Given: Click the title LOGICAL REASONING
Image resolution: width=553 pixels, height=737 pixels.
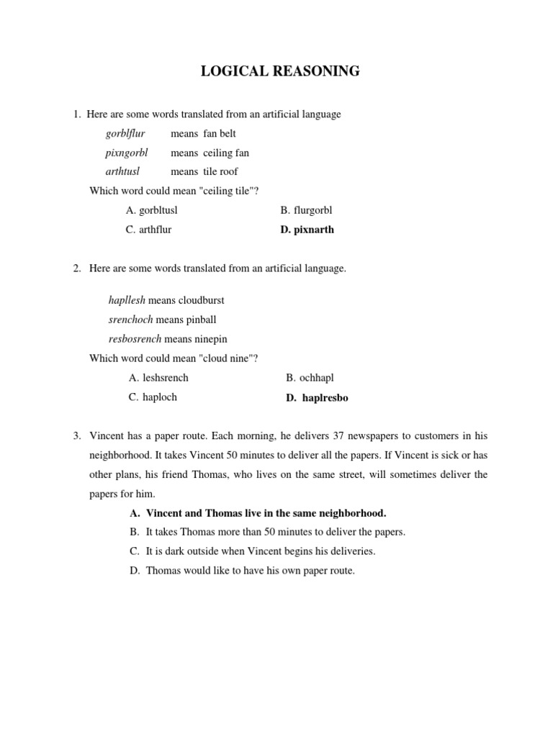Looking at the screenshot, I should point(279,71).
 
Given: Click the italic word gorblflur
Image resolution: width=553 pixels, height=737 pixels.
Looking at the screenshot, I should point(125,134).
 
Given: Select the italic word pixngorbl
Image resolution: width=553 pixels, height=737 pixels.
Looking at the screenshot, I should point(127,153).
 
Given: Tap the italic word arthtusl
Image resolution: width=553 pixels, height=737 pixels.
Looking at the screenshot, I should point(122,171).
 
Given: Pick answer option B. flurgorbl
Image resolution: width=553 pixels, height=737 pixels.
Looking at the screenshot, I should point(307,210).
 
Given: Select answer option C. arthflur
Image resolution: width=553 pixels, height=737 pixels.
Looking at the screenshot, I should point(148,230).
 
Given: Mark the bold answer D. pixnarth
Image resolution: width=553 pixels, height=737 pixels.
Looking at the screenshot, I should point(307,230).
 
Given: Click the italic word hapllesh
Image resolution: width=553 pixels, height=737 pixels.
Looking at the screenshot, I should point(126,300).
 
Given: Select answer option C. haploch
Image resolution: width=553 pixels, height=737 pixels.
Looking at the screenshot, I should point(153,397).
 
